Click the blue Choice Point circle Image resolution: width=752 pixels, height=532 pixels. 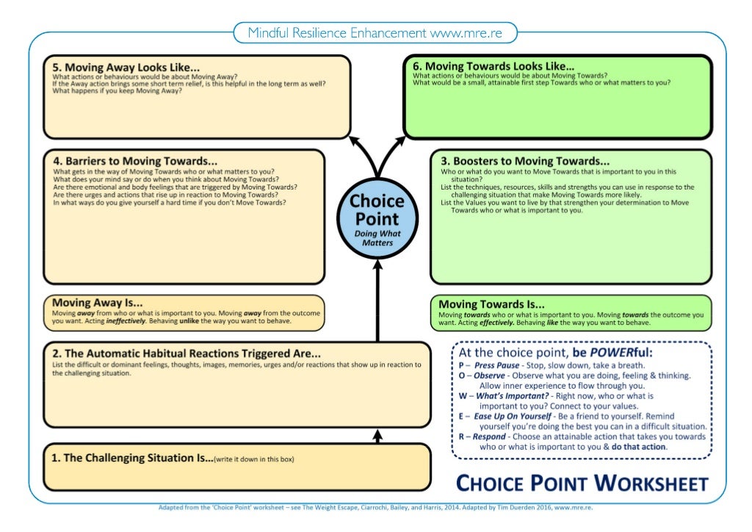(376, 218)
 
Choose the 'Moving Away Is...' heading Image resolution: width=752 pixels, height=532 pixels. (97, 302)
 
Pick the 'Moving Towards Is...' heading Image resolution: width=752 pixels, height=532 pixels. (491, 303)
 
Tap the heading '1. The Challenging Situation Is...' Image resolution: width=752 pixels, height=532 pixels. (131, 458)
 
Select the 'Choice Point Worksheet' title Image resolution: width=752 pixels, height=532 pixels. (582, 483)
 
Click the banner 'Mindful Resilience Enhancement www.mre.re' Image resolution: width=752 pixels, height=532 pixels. (375, 33)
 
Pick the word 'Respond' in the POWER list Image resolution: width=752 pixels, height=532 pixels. (489, 436)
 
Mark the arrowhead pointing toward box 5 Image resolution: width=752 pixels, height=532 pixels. (354, 140)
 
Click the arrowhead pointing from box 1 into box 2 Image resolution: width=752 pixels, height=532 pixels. (378, 436)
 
